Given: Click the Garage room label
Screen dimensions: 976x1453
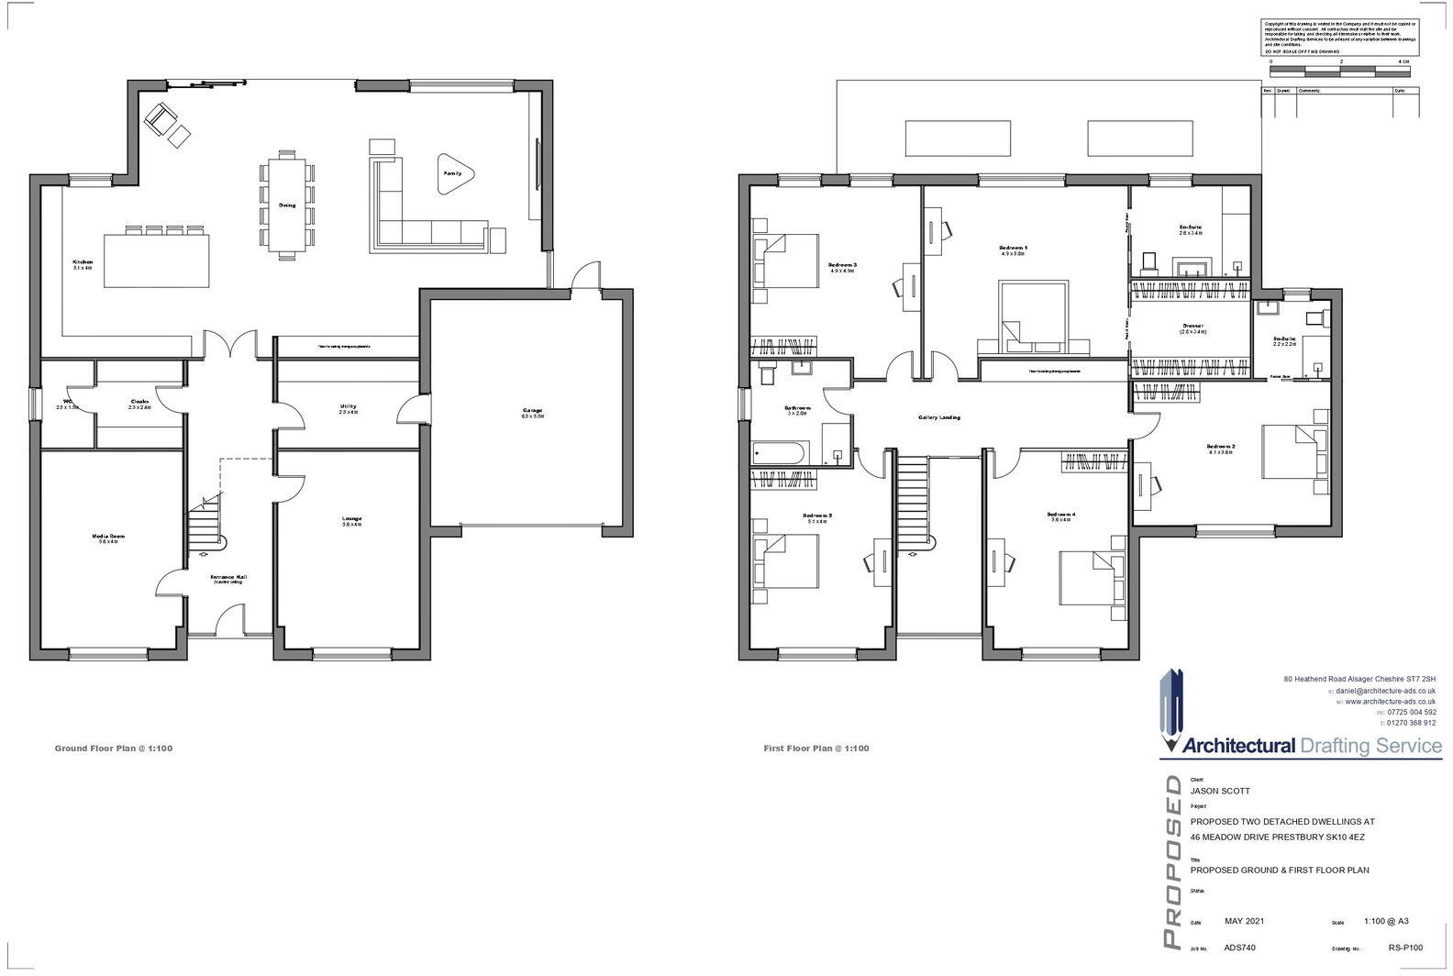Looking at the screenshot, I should pyautogui.click(x=532, y=412).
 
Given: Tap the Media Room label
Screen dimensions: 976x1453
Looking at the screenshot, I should pyautogui.click(x=107, y=538).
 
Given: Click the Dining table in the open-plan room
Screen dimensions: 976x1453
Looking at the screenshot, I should pyautogui.click(x=288, y=205).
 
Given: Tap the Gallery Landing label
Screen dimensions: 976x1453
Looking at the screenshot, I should pyautogui.click(x=938, y=417).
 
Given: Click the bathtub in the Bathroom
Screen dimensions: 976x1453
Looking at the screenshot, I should pyautogui.click(x=779, y=452).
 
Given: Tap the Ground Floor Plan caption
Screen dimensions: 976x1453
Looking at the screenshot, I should pyautogui.click(x=114, y=749).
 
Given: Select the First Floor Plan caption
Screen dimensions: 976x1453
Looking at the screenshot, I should pyautogui.click(x=816, y=749).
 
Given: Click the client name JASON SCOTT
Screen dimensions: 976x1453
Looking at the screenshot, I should pyautogui.click(x=1220, y=791).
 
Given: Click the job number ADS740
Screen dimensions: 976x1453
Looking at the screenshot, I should pyautogui.click(x=1240, y=949).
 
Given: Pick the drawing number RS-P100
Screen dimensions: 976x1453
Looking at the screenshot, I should pyautogui.click(x=1405, y=949).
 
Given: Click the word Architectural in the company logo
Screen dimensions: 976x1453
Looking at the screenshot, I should pyautogui.click(x=1239, y=746).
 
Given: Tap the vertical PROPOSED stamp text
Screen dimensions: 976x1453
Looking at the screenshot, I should pyautogui.click(x=1171, y=861).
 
